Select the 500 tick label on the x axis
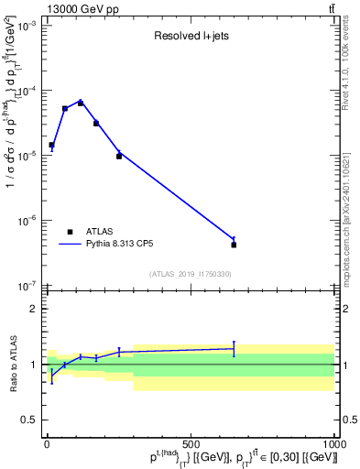(191, 443)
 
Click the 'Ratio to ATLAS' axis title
(12, 365)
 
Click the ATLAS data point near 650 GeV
(234, 245)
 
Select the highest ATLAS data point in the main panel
(81, 103)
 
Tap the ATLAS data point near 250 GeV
(119, 156)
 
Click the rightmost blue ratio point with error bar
(234, 348)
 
